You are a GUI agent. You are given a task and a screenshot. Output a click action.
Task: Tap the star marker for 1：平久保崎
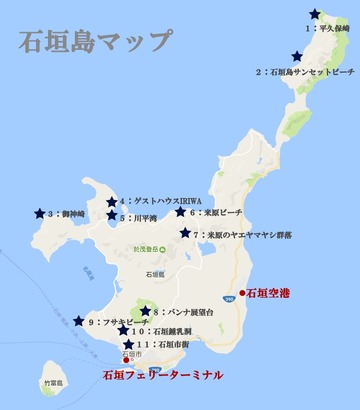coord(315,14)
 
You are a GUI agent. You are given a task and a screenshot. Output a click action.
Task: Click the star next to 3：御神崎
coord(39,213)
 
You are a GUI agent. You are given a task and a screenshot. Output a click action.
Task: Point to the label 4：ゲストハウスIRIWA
coord(166,200)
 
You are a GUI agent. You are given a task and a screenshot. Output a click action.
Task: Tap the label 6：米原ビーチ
coord(224,212)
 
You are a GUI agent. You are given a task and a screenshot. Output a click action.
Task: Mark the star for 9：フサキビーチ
coord(80,321)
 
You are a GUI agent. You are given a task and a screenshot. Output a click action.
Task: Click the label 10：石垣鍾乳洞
coord(165,330)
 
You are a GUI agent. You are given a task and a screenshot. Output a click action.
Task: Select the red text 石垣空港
coord(271,293)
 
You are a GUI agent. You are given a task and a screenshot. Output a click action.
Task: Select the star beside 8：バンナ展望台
coord(145,312)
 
